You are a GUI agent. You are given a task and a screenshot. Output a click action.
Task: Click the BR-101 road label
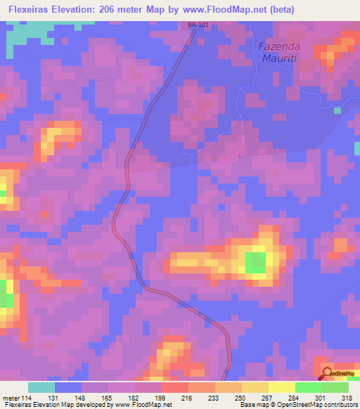coord(198,26)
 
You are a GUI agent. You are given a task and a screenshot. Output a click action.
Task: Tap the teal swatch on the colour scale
coord(41,387)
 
